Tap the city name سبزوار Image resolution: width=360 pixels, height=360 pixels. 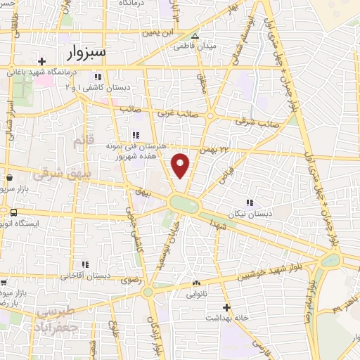[87, 52]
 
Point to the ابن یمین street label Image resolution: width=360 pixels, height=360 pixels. [157, 32]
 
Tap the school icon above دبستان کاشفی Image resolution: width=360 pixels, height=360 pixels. [98, 77]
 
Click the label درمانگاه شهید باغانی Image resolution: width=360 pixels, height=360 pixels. [39, 72]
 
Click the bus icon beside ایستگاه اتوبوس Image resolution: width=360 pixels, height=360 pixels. [13, 212]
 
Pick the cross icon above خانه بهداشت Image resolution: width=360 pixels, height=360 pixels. [226, 307]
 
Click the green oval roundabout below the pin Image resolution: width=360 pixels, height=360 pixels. [184, 205]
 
